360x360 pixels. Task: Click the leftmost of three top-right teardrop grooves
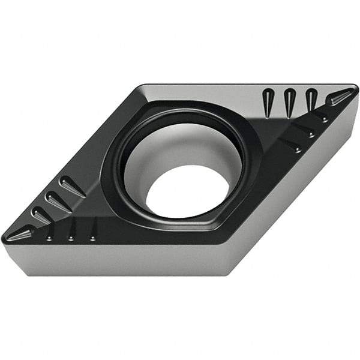click(268, 98)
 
